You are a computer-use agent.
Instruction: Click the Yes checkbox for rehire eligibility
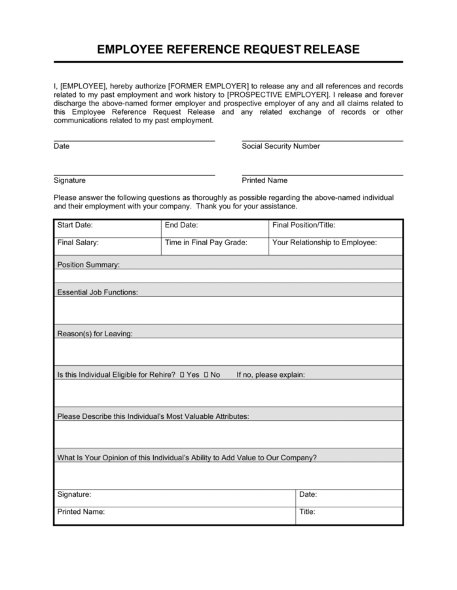182,375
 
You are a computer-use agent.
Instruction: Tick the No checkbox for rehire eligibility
206,375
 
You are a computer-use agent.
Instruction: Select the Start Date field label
75,225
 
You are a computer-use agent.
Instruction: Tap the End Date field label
181,225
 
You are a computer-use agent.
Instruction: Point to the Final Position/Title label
304,225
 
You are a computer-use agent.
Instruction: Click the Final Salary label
78,243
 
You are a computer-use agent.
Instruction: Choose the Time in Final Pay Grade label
206,243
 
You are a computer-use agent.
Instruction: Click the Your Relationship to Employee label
324,243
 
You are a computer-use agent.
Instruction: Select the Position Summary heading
88,265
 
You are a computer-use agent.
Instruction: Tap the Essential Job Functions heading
98,292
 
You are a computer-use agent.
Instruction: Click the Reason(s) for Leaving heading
95,334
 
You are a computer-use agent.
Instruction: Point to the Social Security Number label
281,146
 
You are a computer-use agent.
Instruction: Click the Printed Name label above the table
265,180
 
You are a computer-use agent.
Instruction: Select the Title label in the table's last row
307,512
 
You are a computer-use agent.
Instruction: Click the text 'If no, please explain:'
270,375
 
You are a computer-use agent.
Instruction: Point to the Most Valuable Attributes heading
153,416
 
